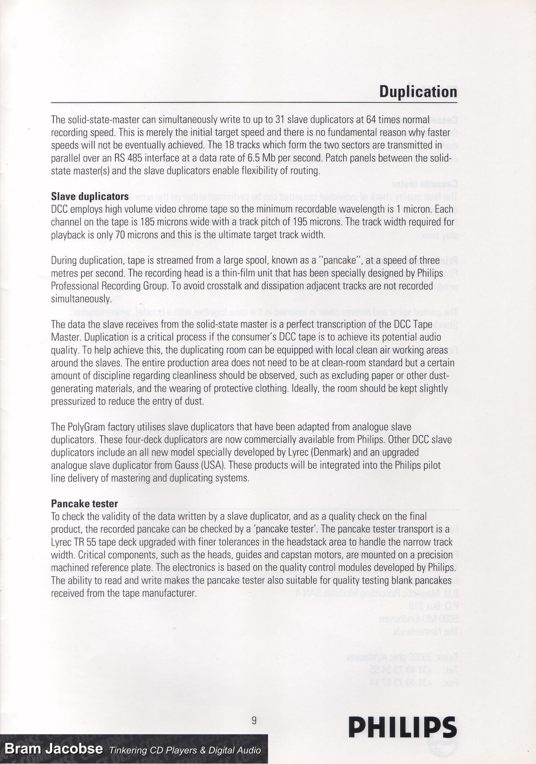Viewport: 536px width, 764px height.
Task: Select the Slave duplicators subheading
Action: (89, 196)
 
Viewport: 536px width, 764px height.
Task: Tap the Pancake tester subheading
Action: (84, 503)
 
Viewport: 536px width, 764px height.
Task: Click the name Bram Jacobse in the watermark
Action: (54, 749)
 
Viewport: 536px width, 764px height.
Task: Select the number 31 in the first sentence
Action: (281, 120)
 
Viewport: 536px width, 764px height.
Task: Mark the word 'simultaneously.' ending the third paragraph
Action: (81, 299)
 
